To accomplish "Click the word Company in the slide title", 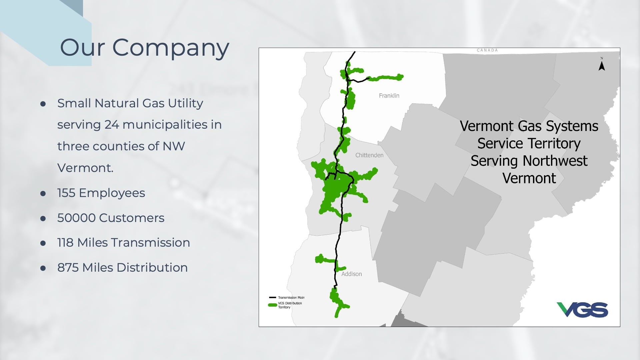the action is (171, 48).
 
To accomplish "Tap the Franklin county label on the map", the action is (389, 96).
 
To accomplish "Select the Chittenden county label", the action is (369, 155).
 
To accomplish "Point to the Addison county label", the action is (352, 274).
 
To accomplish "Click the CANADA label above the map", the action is (487, 50).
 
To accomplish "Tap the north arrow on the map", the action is (602, 65).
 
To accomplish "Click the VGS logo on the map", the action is (582, 310).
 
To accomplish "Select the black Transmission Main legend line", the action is (273, 298).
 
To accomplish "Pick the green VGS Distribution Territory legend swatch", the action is (273, 305).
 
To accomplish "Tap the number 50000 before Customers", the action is (76, 218).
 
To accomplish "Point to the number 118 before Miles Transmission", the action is (65, 243).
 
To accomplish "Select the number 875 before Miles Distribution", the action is (68, 268).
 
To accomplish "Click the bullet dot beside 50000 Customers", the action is (43, 218).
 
